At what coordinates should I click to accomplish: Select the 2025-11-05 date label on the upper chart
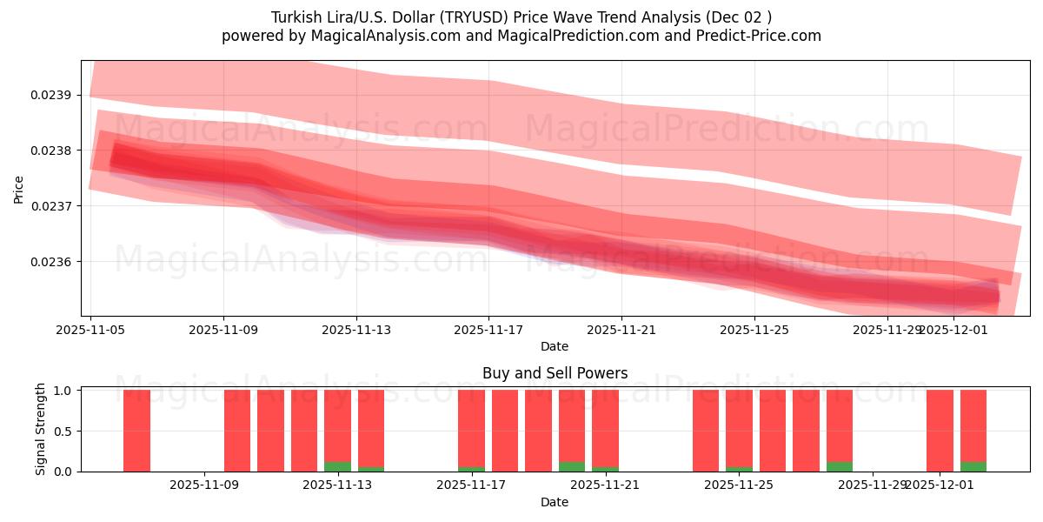click(x=90, y=330)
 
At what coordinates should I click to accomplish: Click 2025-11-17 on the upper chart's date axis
click(x=488, y=330)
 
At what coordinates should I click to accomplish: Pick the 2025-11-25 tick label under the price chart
click(x=754, y=330)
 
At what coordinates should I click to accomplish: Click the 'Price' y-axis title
click(x=19, y=188)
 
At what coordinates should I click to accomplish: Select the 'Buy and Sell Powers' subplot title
click(x=555, y=373)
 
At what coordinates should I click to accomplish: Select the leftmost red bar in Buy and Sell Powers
click(x=136, y=431)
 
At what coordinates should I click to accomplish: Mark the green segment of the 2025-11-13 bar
click(x=337, y=466)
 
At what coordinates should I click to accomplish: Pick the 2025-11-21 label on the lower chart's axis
click(x=604, y=485)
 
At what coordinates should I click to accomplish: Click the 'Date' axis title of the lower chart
click(x=555, y=502)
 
